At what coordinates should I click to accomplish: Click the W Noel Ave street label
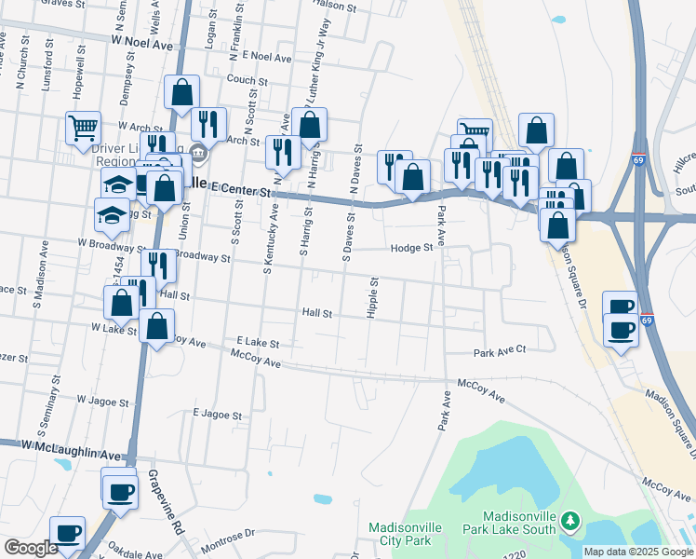click(142, 43)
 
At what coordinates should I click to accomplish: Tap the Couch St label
click(248, 80)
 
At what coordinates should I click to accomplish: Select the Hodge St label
click(412, 248)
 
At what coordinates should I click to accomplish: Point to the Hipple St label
click(373, 297)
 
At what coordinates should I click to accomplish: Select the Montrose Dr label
click(223, 535)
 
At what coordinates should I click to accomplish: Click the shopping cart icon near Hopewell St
click(83, 127)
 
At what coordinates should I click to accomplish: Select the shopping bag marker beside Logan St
click(181, 91)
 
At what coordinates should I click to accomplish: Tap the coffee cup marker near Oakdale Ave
click(67, 533)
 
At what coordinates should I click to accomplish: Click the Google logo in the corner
click(31, 548)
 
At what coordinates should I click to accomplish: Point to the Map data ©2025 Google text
click(638, 552)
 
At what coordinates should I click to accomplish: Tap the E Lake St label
click(258, 343)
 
